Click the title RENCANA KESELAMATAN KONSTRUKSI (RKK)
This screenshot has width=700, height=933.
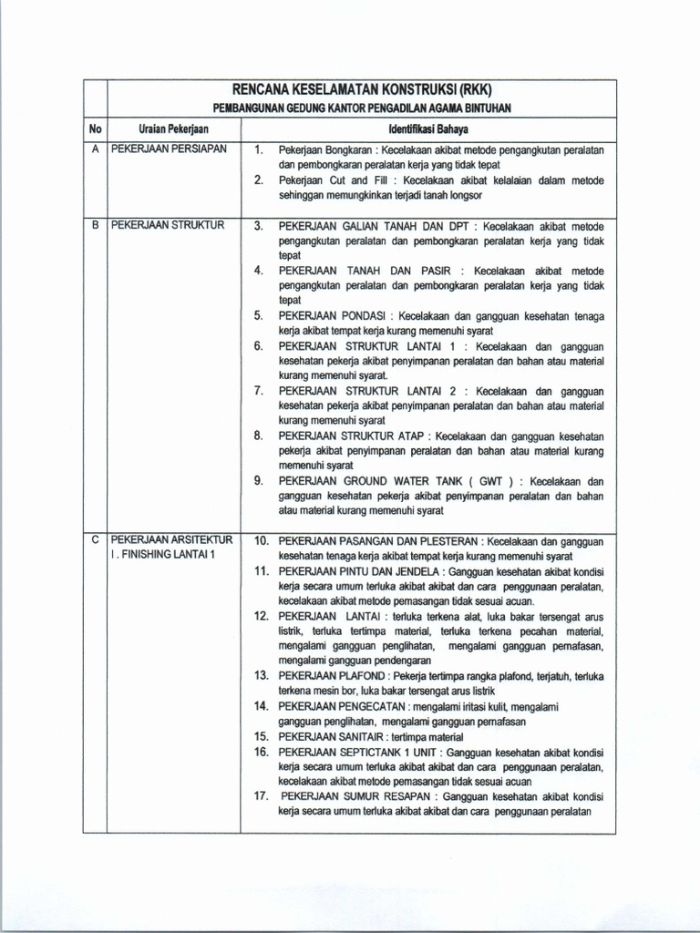pyautogui.click(x=363, y=90)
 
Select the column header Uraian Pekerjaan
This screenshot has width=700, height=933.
pyautogui.click(x=173, y=129)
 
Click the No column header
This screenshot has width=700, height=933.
pyautogui.click(x=95, y=129)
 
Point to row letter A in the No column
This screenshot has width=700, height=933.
pyautogui.click(x=95, y=148)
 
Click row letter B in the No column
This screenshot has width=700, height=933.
pyautogui.click(x=95, y=224)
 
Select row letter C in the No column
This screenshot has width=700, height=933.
pyautogui.click(x=95, y=540)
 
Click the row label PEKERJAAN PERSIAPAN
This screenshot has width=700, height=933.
pyautogui.click(x=169, y=148)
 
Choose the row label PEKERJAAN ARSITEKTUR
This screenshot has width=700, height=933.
pyautogui.click(x=172, y=540)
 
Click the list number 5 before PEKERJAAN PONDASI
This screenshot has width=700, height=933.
pyautogui.click(x=259, y=315)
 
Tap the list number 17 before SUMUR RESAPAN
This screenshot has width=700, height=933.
pyautogui.click(x=260, y=795)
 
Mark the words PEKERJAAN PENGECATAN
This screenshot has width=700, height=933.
pyautogui.click(x=332, y=706)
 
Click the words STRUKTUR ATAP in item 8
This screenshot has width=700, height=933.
pyautogui.click(x=381, y=436)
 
